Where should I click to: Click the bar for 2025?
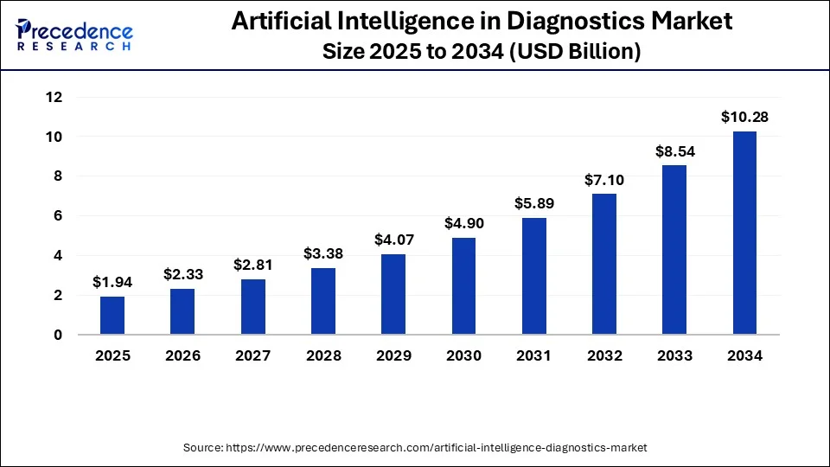112,316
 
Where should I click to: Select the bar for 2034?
744,233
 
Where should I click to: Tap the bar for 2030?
463,286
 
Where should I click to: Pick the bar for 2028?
322,301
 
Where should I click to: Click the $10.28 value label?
744,117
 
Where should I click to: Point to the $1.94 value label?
112,282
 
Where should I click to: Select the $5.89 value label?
533,203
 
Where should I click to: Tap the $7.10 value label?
603,180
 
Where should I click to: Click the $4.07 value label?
393,240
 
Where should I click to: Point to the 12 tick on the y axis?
54,98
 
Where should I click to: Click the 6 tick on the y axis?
57,216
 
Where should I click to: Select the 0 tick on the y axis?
57,335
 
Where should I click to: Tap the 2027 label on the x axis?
252,355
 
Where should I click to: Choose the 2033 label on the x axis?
674,355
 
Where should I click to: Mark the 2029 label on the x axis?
393,355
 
